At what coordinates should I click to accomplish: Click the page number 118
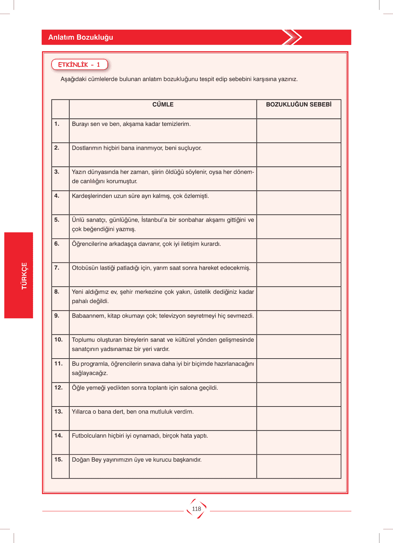pos(196,509)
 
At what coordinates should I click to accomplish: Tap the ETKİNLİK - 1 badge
pos(79,65)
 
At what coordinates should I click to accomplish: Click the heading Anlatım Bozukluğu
pos(81,37)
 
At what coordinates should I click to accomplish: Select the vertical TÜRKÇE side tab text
pos(24,276)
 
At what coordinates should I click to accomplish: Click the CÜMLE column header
pos(163,104)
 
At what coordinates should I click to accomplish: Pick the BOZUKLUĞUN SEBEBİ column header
pos(298,104)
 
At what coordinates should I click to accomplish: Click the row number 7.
pos(57,268)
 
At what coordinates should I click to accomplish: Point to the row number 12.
pos(59,388)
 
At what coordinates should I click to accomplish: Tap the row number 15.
pos(59,459)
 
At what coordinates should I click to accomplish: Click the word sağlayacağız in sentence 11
pos(90,373)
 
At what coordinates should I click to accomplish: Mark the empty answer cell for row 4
pos(298,203)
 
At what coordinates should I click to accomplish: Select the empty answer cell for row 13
pos(298,418)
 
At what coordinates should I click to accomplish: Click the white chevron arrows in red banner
pos(292,37)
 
